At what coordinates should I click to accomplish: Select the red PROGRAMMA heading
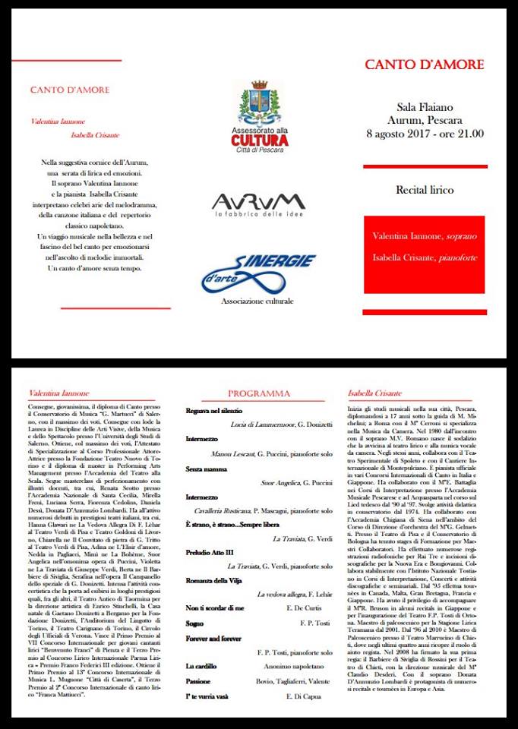[259, 393]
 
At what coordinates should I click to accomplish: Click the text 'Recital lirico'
[425, 189]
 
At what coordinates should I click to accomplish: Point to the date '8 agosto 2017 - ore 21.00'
[425, 134]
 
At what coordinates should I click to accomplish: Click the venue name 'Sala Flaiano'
[425, 107]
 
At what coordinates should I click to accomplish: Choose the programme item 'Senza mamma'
[207, 469]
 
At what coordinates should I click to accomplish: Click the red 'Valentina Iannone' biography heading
[58, 393]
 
